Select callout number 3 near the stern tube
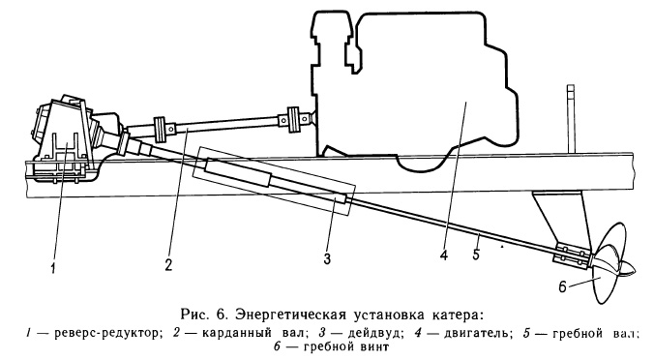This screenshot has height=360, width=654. (326, 258)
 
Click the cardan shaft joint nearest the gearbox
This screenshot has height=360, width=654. (162, 127)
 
